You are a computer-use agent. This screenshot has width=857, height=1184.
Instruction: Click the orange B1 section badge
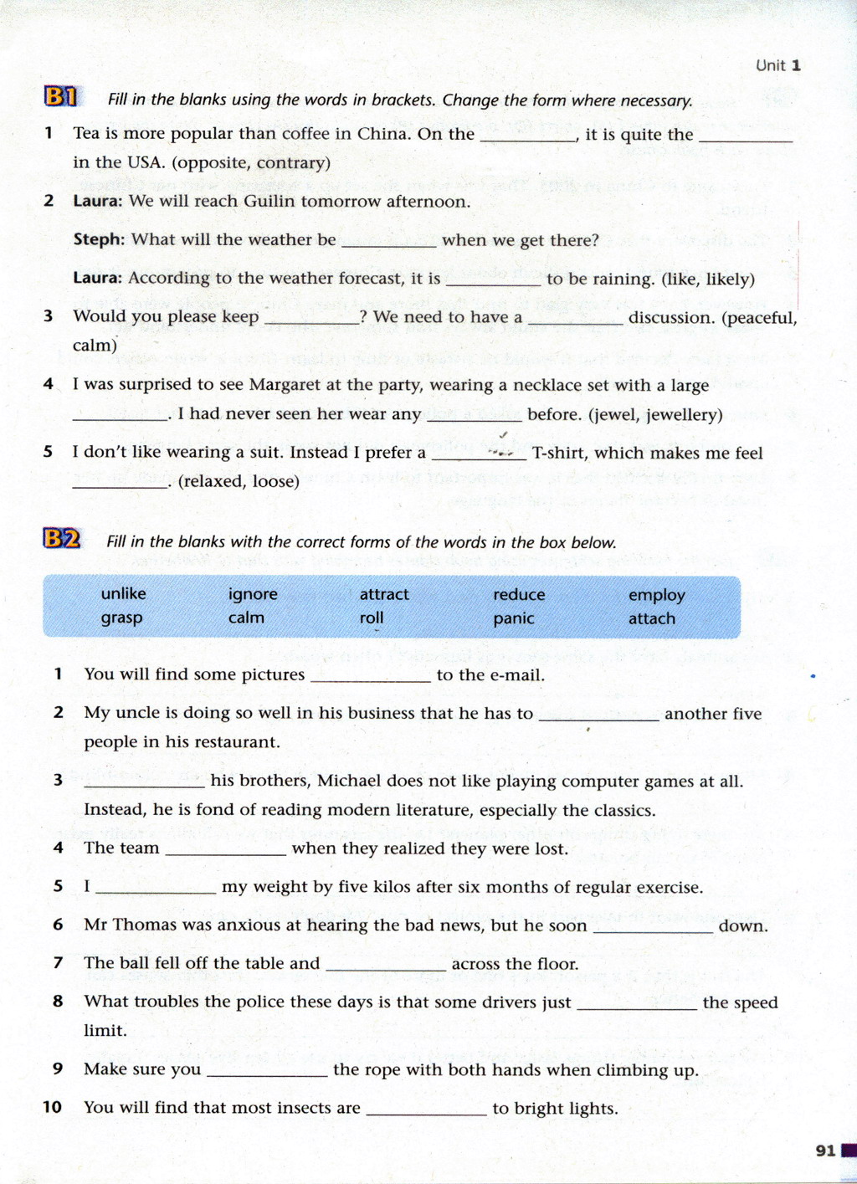point(60,97)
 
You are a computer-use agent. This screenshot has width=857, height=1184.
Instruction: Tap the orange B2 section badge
point(62,539)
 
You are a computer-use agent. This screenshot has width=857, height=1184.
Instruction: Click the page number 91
point(825,1151)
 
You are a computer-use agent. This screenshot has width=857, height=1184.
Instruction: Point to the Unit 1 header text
point(777,65)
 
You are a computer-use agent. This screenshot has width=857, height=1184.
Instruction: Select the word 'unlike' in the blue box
point(123,593)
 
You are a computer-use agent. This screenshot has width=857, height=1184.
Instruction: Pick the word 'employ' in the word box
point(656,595)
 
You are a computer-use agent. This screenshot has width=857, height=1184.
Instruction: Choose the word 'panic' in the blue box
point(513,618)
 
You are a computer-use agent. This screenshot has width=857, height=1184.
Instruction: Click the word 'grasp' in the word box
point(121,618)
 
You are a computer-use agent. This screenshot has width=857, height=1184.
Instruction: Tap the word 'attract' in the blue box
point(384,594)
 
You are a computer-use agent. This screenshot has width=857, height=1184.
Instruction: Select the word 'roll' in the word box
point(372,618)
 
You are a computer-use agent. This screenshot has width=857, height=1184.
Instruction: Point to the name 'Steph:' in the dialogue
point(99,239)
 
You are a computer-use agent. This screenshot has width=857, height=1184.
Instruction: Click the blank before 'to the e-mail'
point(370,676)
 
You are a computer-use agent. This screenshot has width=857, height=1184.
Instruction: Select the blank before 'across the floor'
point(385,965)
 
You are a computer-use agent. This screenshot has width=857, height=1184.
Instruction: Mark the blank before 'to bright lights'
point(426,1110)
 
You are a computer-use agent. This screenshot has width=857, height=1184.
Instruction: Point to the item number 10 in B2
point(53,1107)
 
